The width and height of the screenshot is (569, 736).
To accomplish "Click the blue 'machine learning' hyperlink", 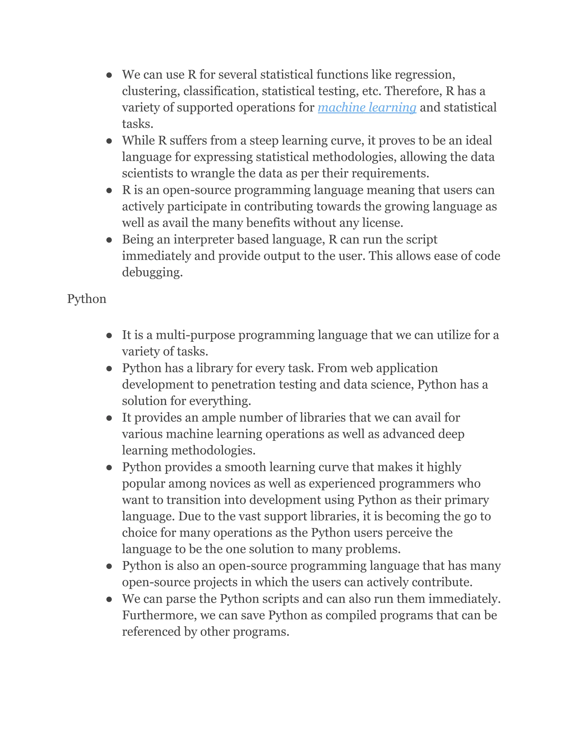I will (x=367, y=107).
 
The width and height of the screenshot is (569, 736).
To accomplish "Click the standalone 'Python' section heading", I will (x=87, y=299).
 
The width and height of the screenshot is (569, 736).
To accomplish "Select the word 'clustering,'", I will (x=151, y=91).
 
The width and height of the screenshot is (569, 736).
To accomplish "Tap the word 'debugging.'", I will (x=152, y=272).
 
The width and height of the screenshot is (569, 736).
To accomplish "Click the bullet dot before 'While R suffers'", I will (x=109, y=141).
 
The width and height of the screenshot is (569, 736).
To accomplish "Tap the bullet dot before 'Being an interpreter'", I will (x=109, y=240).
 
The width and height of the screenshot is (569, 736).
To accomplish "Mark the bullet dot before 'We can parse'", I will (x=109, y=599).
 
